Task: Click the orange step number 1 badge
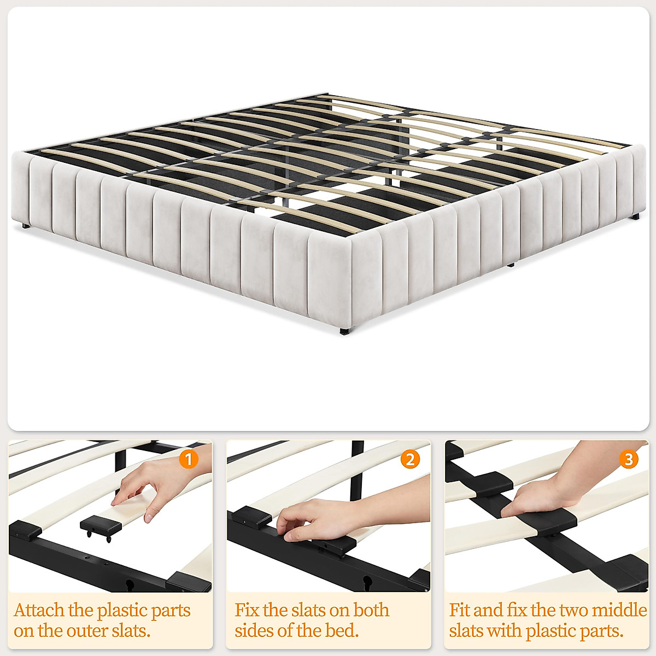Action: point(189,459)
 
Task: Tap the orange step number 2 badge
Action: point(410,459)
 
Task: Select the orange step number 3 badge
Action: point(629,459)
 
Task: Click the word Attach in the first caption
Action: point(39,610)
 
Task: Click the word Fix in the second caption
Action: point(247,610)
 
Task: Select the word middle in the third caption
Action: point(620,610)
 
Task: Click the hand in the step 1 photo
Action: point(150,484)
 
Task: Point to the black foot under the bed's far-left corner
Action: point(24,225)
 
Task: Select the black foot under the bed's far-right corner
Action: point(635,218)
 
